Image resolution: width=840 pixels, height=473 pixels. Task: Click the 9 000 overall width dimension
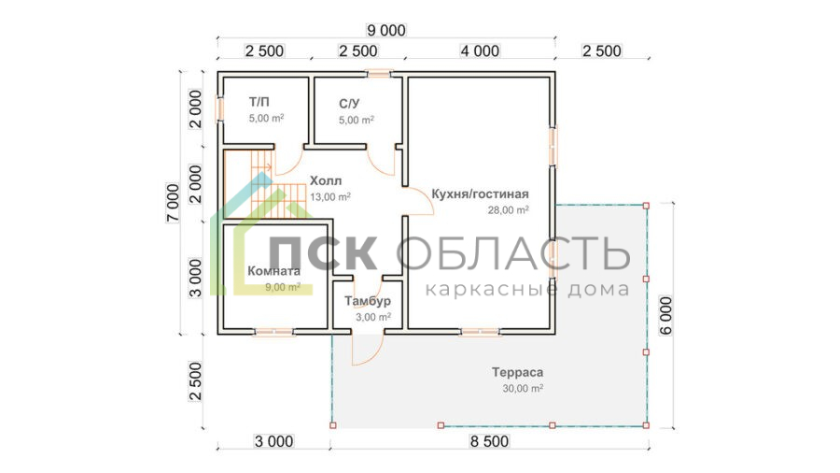click(385, 30)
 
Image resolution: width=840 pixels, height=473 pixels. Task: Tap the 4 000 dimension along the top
click(480, 51)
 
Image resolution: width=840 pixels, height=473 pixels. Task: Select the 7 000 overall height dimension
click(173, 203)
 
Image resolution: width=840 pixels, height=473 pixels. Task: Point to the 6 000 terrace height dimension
click(665, 315)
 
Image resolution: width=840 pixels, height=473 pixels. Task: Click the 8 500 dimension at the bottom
click(489, 441)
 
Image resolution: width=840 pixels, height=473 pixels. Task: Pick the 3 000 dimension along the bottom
click(273, 441)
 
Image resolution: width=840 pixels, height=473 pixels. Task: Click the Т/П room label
click(259, 102)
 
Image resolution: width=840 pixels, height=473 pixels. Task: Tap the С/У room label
click(349, 104)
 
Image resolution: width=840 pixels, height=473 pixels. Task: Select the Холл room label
click(326, 180)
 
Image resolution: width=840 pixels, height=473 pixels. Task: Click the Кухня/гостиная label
click(480, 194)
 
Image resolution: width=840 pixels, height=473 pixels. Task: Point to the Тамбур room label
click(368, 301)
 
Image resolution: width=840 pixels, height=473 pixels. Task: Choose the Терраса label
click(517, 372)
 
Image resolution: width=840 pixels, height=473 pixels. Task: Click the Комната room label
click(273, 271)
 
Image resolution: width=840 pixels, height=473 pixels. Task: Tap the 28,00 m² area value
click(508, 209)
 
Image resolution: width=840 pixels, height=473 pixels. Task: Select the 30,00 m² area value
click(523, 388)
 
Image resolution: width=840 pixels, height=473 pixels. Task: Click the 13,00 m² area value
click(330, 197)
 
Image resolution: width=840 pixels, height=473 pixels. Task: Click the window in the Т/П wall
click(219, 108)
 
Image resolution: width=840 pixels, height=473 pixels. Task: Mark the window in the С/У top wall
click(379, 74)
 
